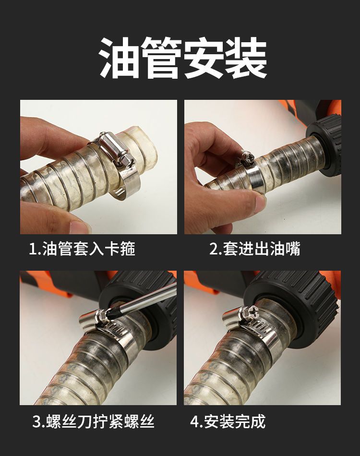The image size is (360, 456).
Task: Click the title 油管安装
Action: (182, 58)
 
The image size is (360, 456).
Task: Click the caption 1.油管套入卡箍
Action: (82, 249)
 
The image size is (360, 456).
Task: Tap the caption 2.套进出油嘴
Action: (255, 249)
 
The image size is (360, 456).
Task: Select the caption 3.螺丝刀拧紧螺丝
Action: (93, 421)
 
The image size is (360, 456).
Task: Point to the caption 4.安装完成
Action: (228, 421)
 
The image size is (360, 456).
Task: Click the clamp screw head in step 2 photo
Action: (248, 157)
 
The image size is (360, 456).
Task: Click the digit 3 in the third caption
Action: (36, 422)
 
